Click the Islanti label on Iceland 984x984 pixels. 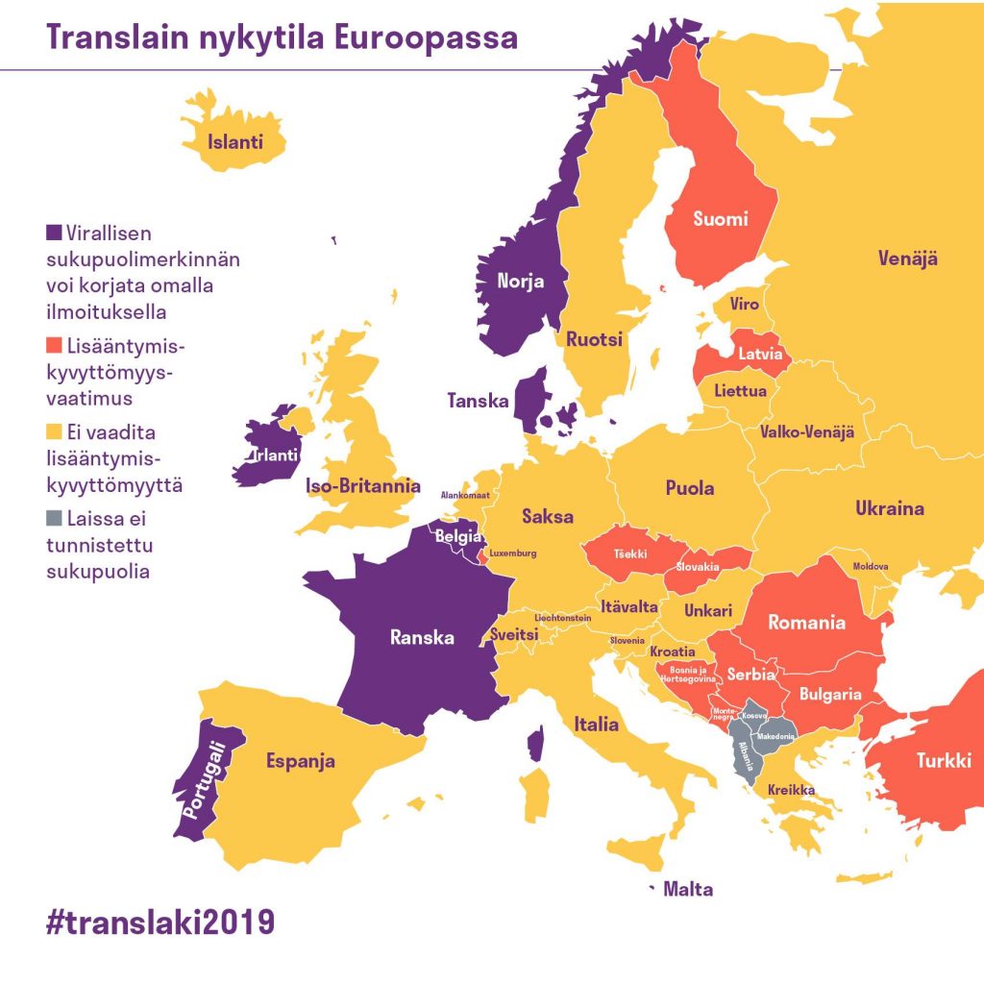[235, 144]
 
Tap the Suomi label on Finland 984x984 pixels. [721, 219]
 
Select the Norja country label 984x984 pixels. [520, 282]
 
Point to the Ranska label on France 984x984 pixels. [422, 637]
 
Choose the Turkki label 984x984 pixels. [943, 759]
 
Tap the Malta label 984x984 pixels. [688, 890]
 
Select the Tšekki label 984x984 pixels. [630, 554]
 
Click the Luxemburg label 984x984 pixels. [512, 554]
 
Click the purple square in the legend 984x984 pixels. [55, 234]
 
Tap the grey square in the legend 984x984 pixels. [55, 520]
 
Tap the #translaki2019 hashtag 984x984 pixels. [160, 921]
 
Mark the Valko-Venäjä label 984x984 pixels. [806, 432]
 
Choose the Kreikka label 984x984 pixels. [791, 791]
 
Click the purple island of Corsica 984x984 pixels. [536, 744]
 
